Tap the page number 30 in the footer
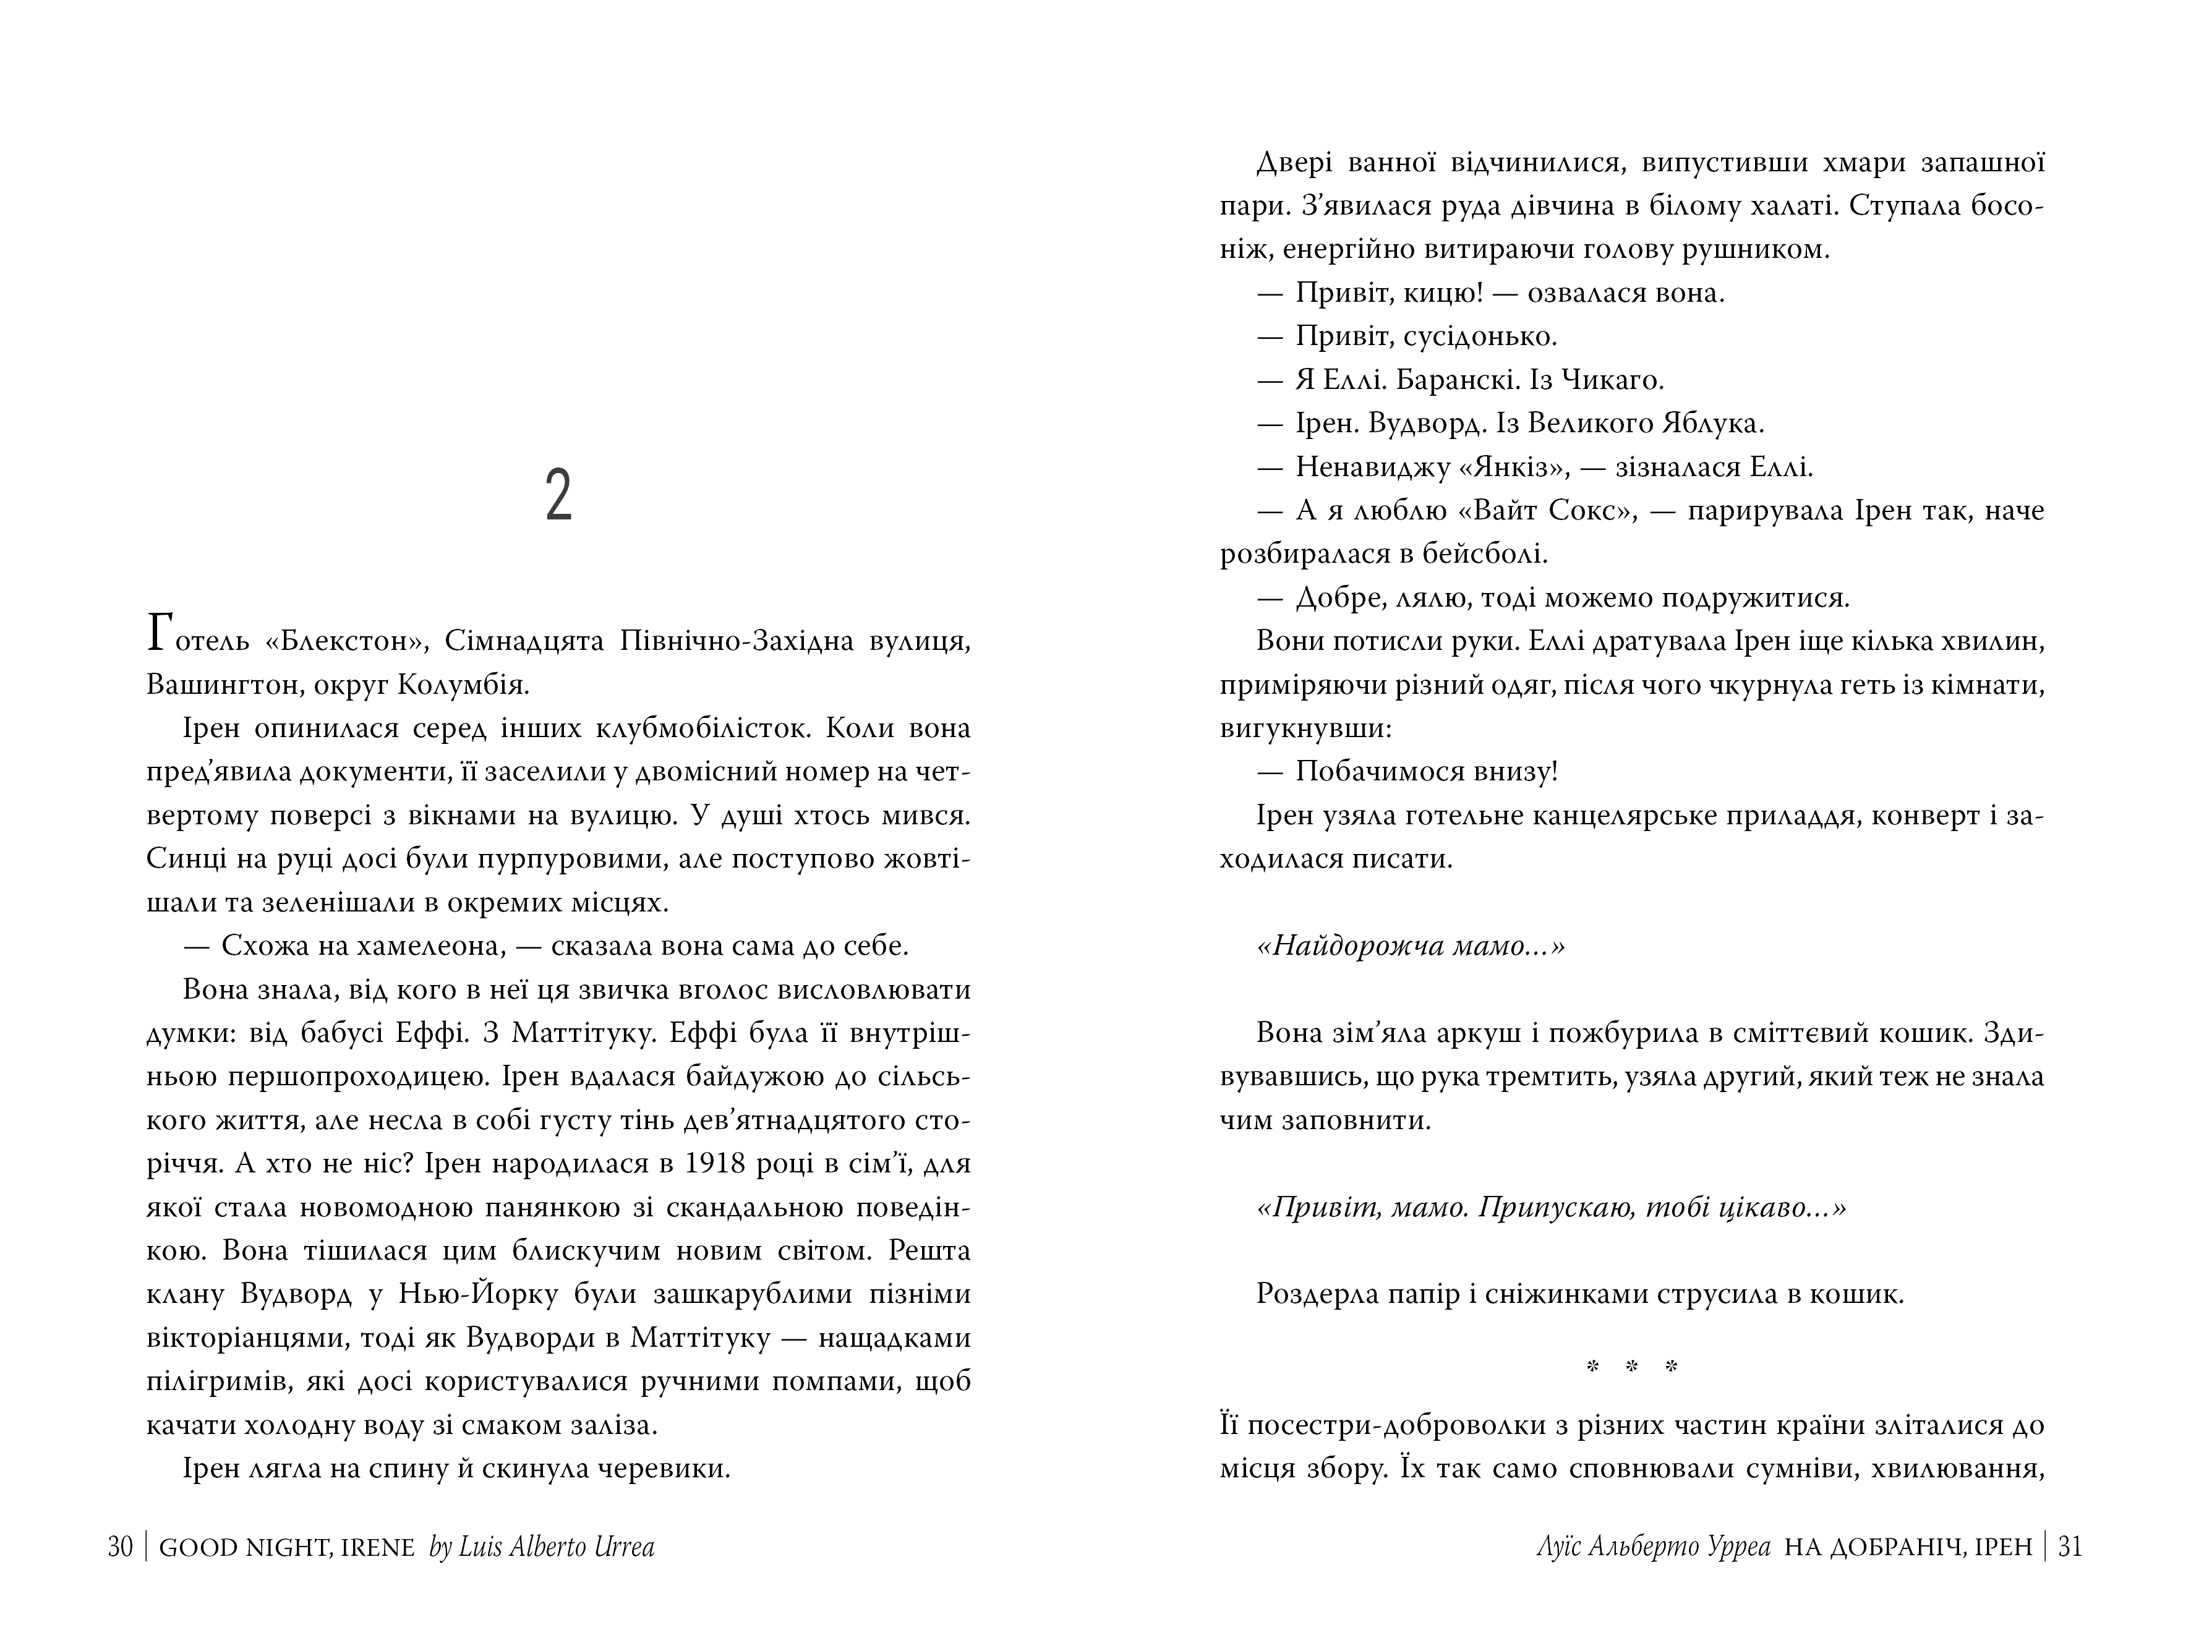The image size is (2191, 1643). click(120, 1547)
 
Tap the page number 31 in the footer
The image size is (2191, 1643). click(2070, 1547)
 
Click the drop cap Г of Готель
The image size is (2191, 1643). click(163, 634)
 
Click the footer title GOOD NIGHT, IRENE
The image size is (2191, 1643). click(286, 1547)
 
